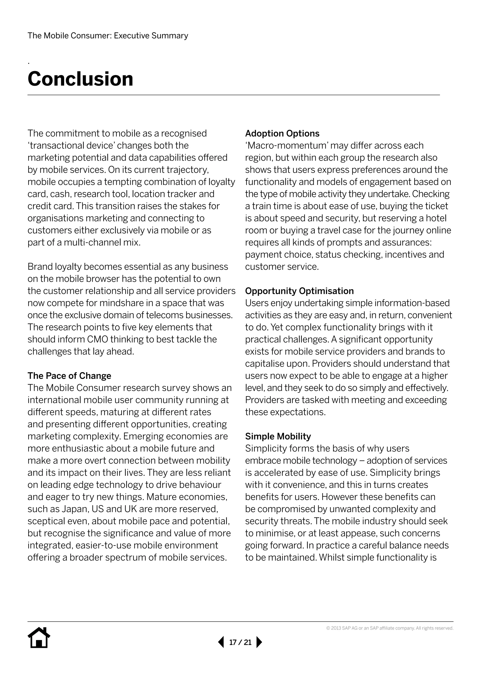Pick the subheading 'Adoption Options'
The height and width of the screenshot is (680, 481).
(282, 133)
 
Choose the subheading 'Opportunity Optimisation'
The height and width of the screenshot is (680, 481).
(299, 291)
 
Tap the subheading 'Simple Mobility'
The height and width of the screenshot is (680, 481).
(278, 436)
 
